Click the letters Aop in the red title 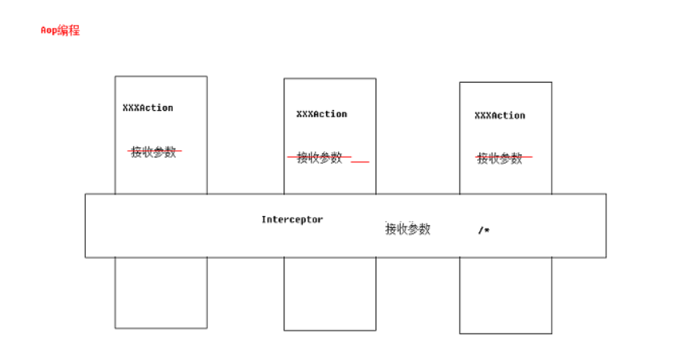coord(48,31)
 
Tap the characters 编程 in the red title coord(68,31)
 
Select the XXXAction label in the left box coord(148,108)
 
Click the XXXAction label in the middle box coord(321,114)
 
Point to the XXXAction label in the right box coord(500,116)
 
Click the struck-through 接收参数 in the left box coord(153,152)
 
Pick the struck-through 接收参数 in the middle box coord(320,157)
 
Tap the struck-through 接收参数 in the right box coord(500,158)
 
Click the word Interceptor coord(292,219)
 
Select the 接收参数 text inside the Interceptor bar coord(408,229)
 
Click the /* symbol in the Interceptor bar coord(483,231)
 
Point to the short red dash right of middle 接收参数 coord(360,162)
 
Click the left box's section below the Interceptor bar coord(161,292)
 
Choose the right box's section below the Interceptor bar coord(505,295)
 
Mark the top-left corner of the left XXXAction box coord(115,76)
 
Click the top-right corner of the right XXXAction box coord(552,82)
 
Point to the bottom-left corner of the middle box coord(284,329)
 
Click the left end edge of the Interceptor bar coord(86,226)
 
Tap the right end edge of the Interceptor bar coord(606,226)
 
